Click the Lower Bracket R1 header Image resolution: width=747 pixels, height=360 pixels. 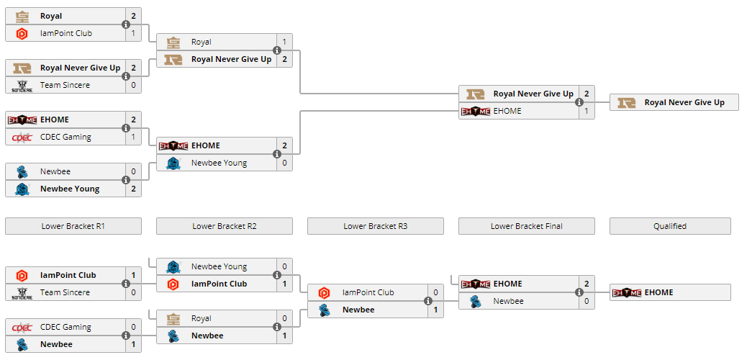[x=73, y=226]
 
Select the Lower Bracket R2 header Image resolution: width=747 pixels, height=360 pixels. [x=224, y=226]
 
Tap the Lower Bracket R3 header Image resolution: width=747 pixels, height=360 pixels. [x=375, y=226]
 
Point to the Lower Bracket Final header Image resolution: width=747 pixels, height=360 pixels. [x=526, y=226]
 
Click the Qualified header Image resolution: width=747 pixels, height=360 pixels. [x=669, y=226]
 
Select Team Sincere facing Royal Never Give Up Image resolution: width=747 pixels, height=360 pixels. [x=65, y=85]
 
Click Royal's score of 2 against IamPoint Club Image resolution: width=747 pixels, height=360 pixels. [x=133, y=16]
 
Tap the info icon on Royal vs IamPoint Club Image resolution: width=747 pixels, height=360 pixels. [x=126, y=24]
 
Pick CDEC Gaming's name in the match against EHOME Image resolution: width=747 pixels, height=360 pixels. [x=65, y=137]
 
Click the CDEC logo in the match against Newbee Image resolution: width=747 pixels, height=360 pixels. [x=22, y=327]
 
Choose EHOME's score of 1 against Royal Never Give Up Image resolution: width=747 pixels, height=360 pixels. [x=587, y=111]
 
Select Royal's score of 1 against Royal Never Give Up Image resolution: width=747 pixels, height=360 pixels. [x=284, y=42]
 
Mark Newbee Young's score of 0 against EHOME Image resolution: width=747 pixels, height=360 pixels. [x=284, y=163]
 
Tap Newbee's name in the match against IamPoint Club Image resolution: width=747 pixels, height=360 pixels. [x=358, y=310]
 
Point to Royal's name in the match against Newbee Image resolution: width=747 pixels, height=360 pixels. [x=201, y=318]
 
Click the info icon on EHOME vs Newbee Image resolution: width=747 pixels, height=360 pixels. [x=579, y=292]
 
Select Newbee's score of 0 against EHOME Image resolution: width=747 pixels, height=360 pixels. [x=587, y=301]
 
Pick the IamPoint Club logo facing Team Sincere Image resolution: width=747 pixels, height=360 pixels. [x=22, y=275]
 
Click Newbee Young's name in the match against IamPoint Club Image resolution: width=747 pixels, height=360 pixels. [x=219, y=266]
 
